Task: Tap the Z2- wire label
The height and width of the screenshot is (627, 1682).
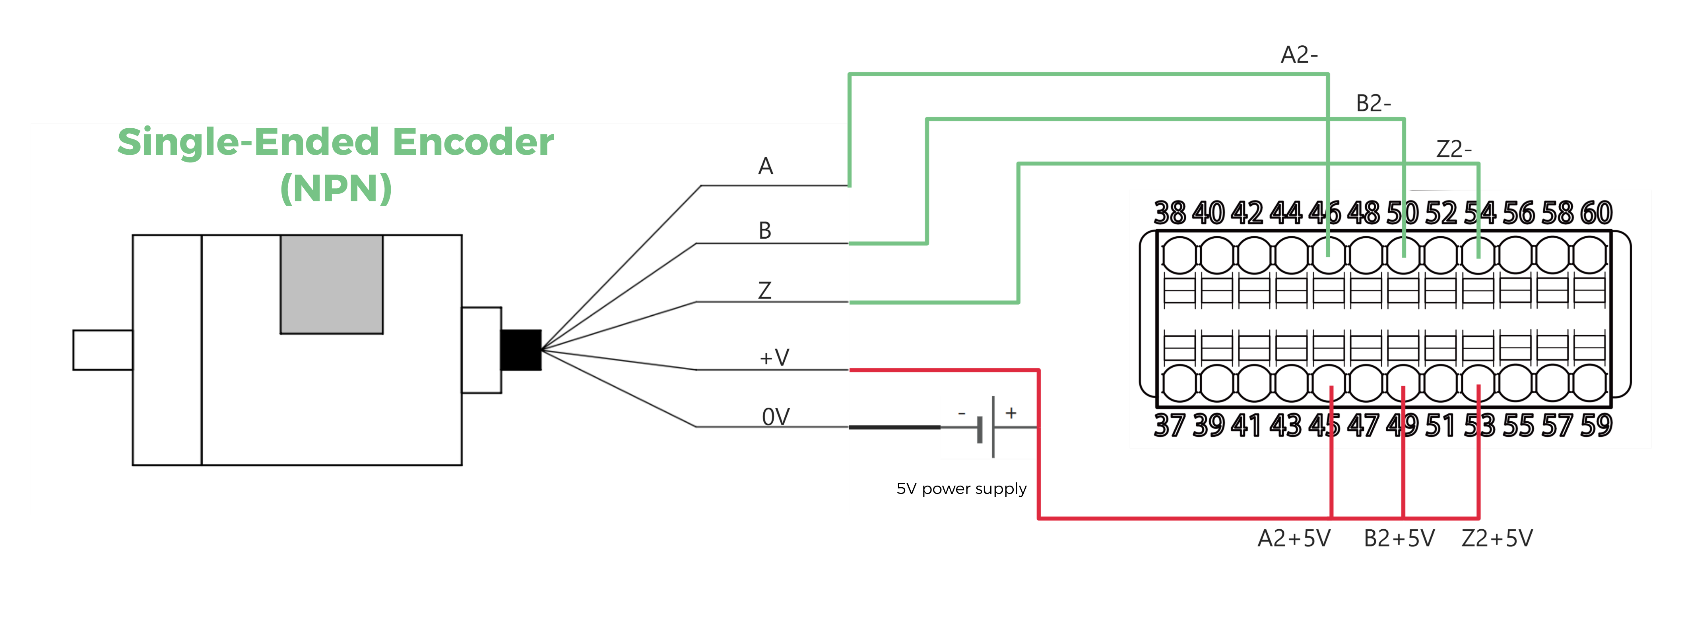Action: click(1453, 149)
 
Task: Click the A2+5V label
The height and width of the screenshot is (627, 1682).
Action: click(1294, 538)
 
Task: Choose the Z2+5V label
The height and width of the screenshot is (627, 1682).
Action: click(1497, 538)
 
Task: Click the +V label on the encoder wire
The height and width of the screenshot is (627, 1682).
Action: click(774, 357)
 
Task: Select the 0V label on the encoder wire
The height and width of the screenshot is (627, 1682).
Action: click(776, 416)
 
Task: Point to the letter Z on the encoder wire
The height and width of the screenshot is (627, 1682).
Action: click(764, 290)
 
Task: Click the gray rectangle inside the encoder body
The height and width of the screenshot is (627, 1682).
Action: click(331, 284)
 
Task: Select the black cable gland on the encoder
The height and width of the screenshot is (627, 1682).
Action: click(520, 350)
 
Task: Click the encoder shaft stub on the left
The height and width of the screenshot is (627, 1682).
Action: click(103, 350)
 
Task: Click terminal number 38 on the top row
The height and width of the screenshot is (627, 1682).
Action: click(1170, 213)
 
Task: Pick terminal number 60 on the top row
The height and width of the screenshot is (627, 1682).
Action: click(1596, 213)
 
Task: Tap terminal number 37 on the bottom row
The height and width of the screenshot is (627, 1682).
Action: click(1170, 425)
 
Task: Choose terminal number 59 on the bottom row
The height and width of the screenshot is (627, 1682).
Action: click(1596, 425)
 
